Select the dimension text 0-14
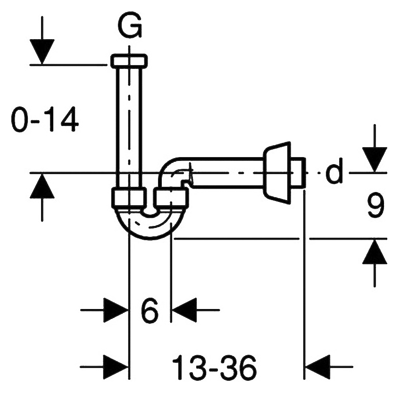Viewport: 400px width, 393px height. pyautogui.click(x=45, y=119)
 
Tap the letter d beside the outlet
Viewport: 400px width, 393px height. pyautogui.click(x=334, y=170)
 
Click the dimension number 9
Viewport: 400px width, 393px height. pyautogui.click(x=375, y=205)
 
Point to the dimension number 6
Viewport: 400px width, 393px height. pyautogui.click(x=150, y=310)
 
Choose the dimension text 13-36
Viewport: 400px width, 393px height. pyautogui.click(x=214, y=367)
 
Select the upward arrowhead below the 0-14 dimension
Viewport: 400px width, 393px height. pyautogui.click(x=42, y=186)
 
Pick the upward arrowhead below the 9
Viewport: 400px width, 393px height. pyautogui.click(x=375, y=251)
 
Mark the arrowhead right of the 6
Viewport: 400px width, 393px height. pyautogui.click(x=184, y=310)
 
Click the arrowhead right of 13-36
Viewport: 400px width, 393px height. pyautogui.click(x=317, y=367)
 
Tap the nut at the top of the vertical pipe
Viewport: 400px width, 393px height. pyautogui.click(x=129, y=61)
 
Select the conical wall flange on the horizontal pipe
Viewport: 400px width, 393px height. pyautogui.click(x=277, y=173)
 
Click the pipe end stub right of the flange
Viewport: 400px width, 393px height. pyautogui.click(x=298, y=173)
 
